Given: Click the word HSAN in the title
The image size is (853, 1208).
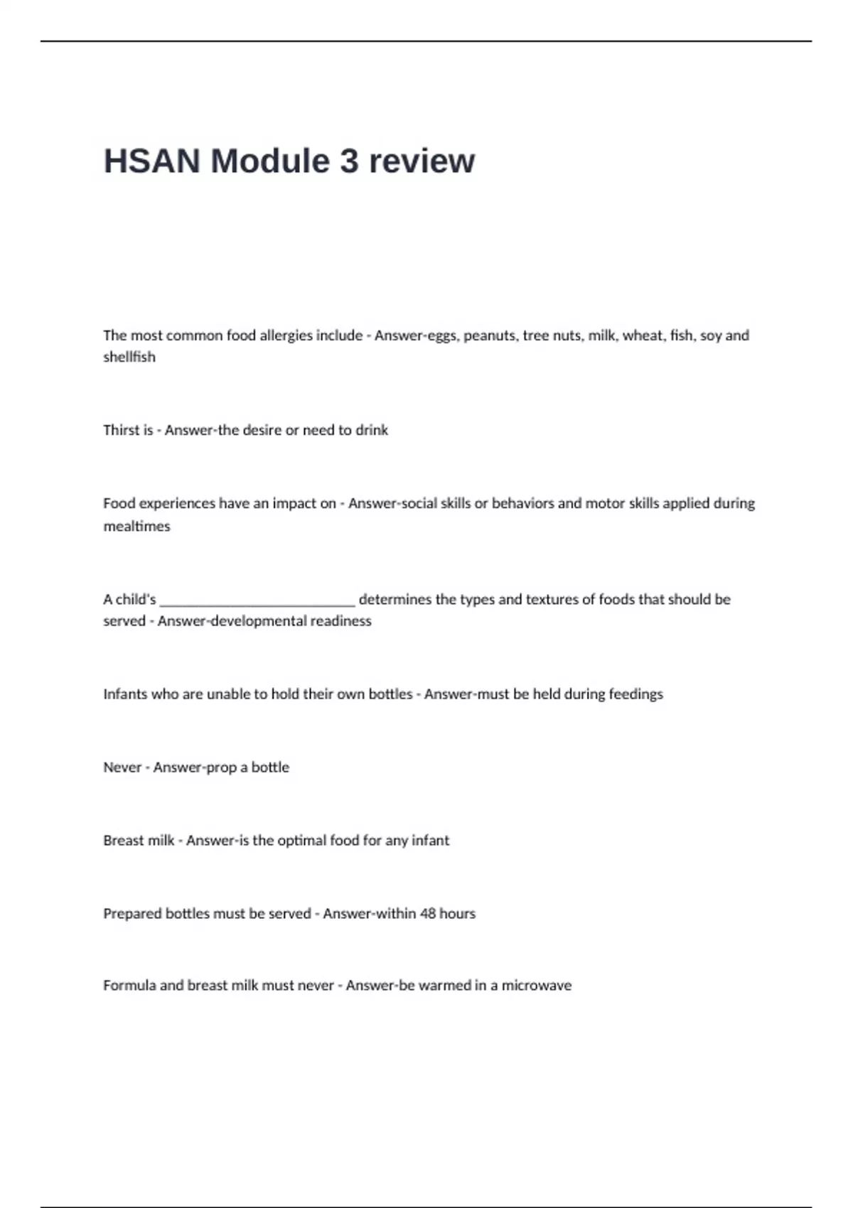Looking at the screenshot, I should [151, 161].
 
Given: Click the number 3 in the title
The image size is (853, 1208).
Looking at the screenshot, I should [348, 161].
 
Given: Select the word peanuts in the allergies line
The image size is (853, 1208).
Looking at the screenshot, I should [490, 335].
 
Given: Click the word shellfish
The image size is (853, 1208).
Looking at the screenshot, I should [129, 357].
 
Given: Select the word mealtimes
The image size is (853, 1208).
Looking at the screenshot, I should [136, 527].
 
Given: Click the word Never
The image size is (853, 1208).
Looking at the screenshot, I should [122, 767].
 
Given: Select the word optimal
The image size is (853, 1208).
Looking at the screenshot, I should [301, 841].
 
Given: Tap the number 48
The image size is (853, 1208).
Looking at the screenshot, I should [427, 914].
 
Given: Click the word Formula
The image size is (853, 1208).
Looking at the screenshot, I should [129, 986].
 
